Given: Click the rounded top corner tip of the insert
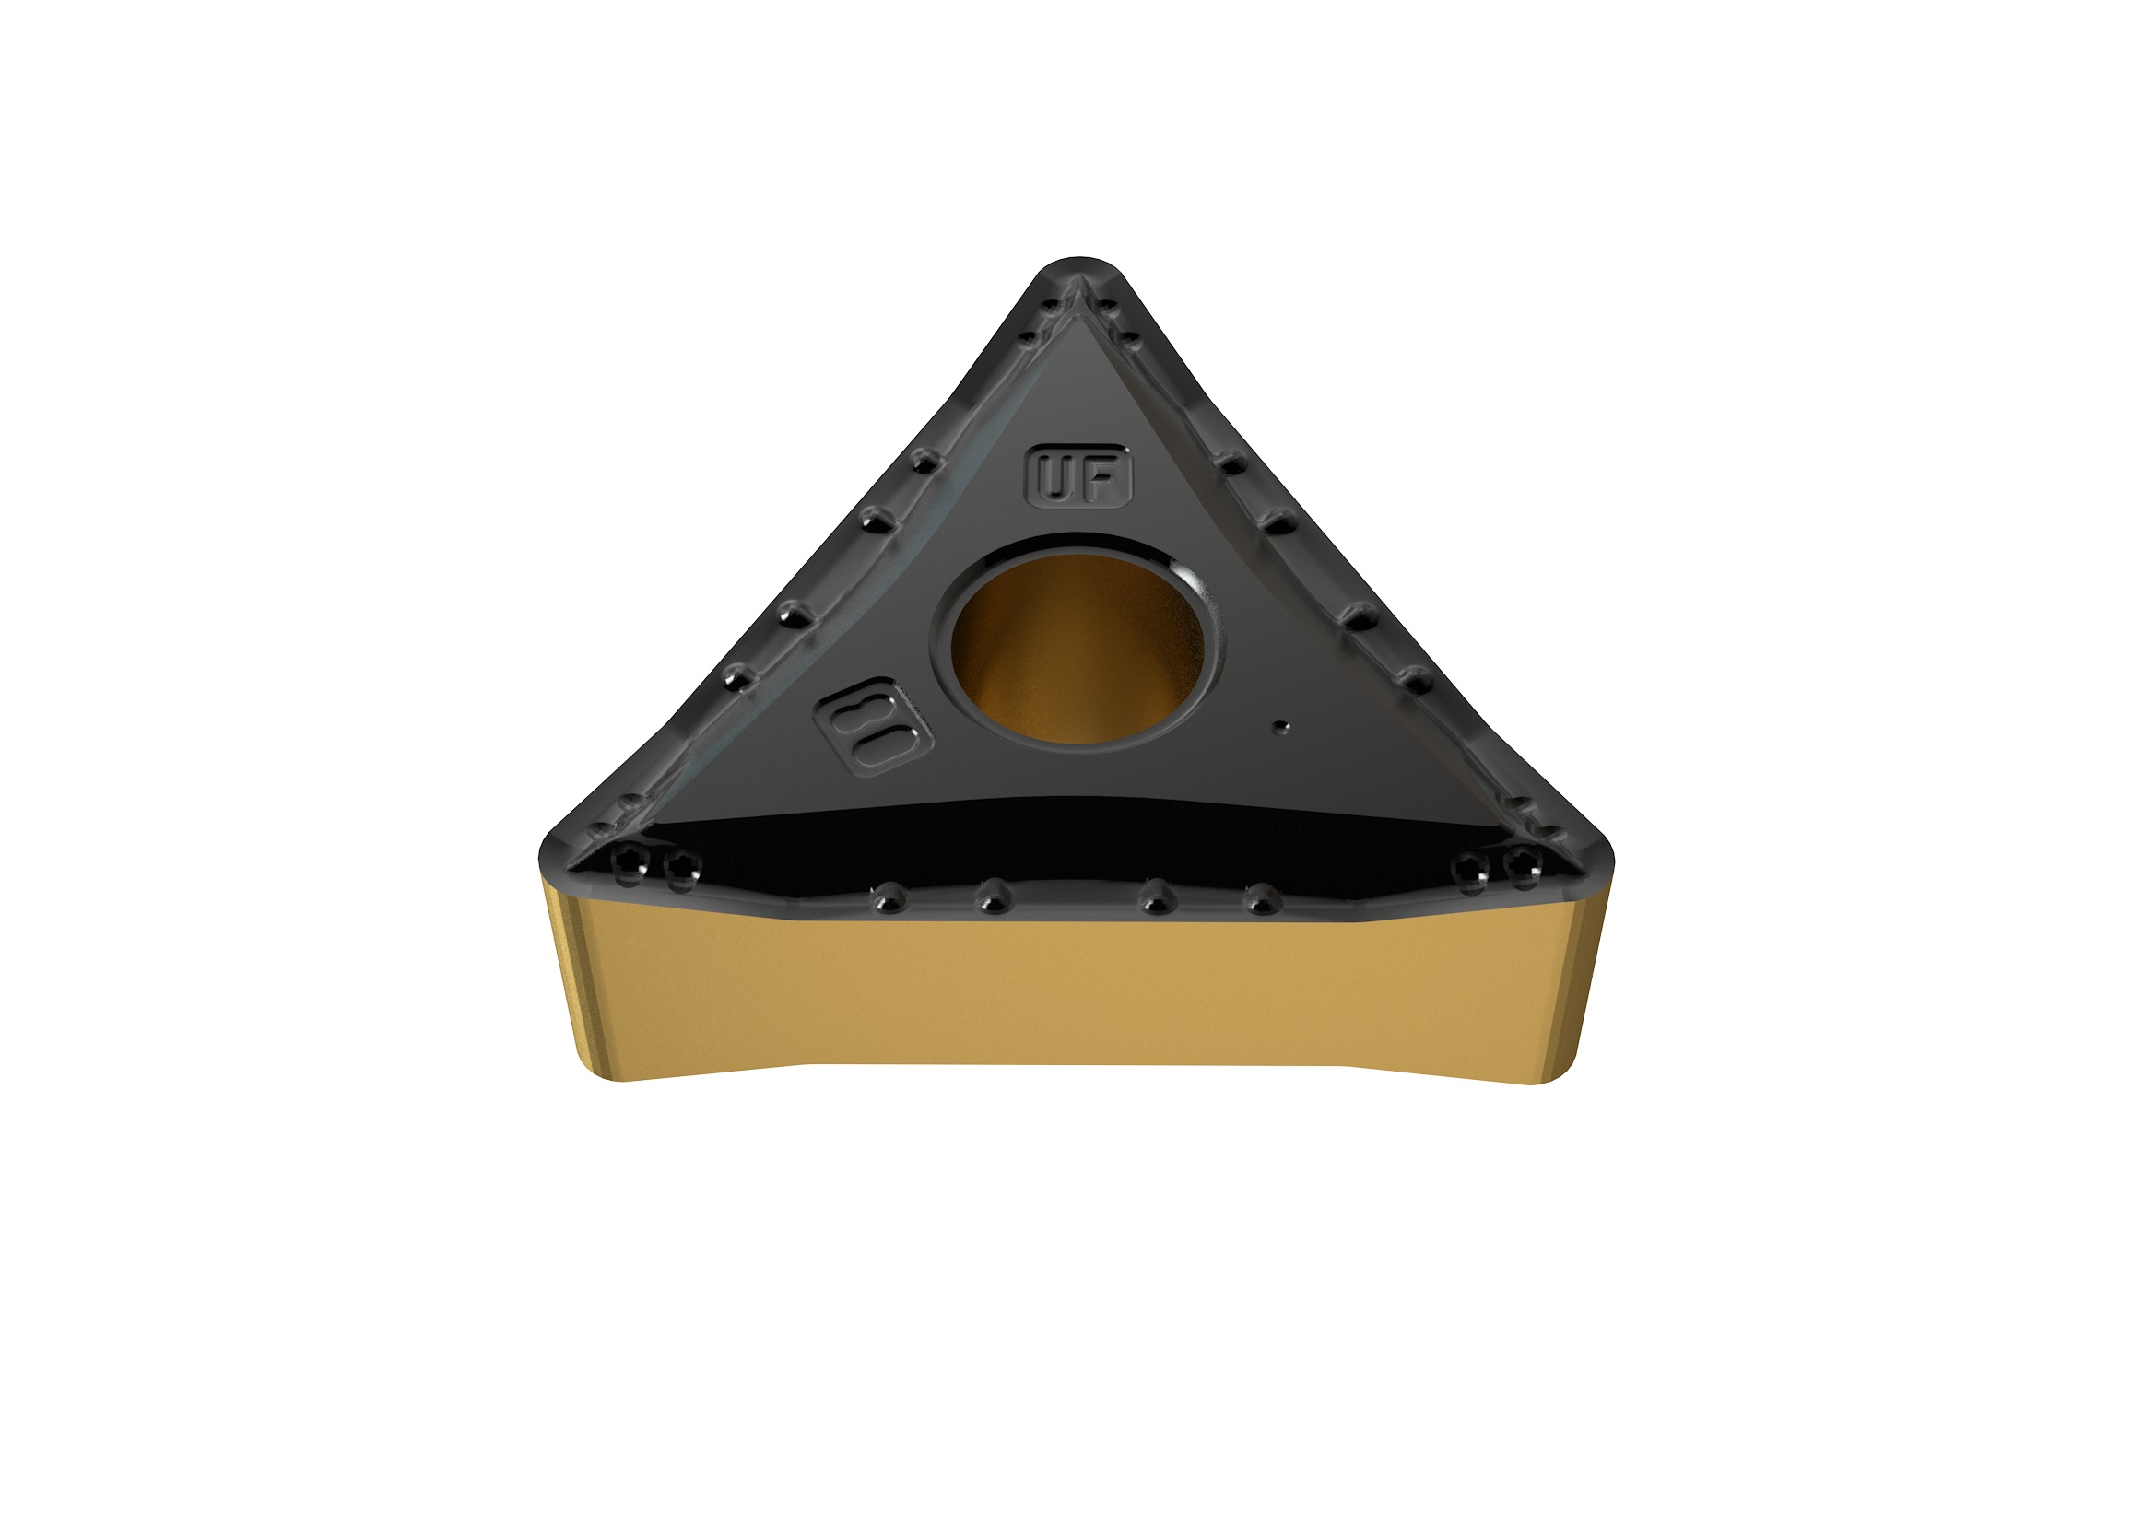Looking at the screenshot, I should click(1079, 264).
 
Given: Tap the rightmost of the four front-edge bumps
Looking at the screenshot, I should click(1263, 899).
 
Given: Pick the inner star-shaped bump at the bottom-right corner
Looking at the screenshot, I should click(1471, 870).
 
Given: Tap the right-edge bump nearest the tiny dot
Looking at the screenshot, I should click(1415, 679).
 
